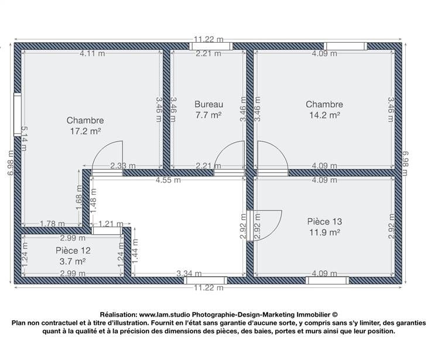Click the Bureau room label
(x=209, y=104)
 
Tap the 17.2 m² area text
(x=85, y=131)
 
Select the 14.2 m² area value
(x=324, y=115)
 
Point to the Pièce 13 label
(x=324, y=221)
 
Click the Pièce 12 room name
(x=73, y=251)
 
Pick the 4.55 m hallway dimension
(x=168, y=180)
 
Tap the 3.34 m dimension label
(x=189, y=273)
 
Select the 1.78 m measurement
(x=53, y=224)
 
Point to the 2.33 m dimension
(x=123, y=166)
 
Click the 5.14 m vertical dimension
(x=24, y=139)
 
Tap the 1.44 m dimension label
(x=135, y=251)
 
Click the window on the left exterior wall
(x=18, y=114)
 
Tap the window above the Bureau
(x=211, y=46)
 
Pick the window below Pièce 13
(x=327, y=280)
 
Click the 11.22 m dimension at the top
(x=208, y=40)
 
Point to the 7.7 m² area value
(x=208, y=115)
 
